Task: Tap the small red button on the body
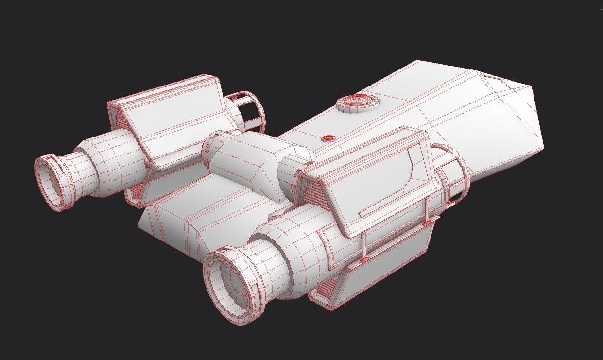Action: pyautogui.click(x=329, y=138)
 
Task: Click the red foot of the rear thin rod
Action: pyautogui.click(x=427, y=223)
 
